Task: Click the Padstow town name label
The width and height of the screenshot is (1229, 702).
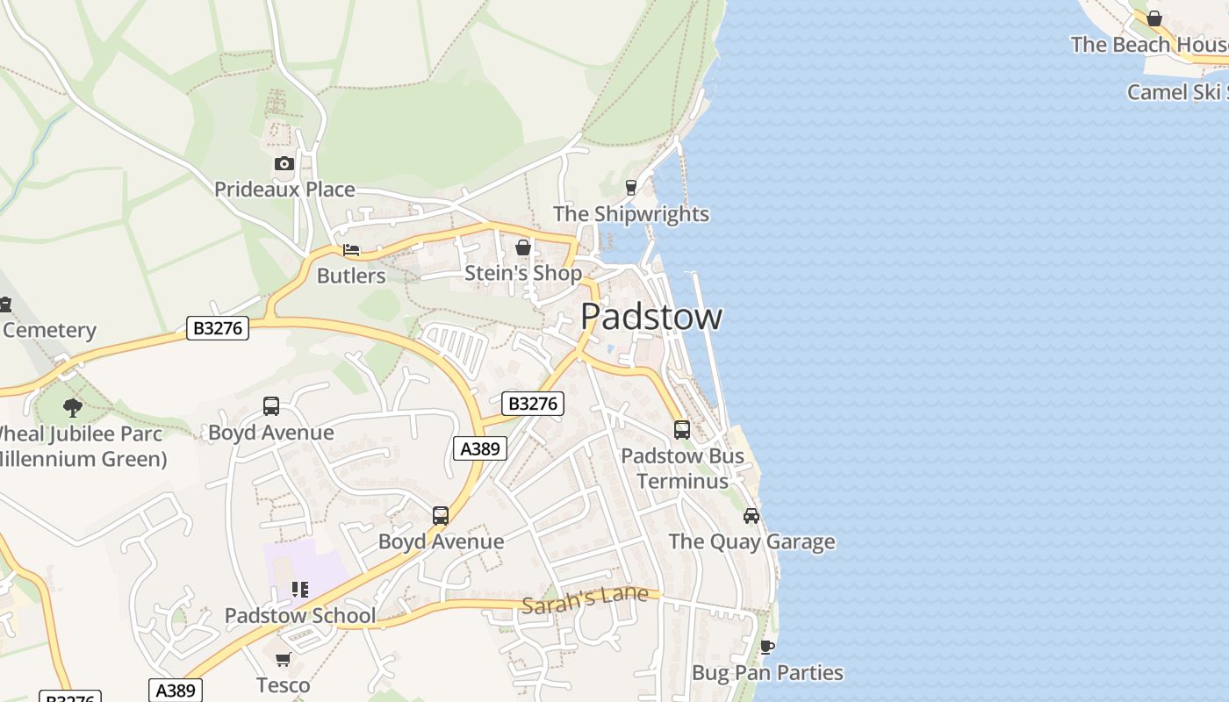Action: pos(651,317)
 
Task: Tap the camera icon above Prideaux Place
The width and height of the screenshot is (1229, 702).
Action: pos(284,164)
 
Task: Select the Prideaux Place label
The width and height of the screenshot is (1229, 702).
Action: pos(284,190)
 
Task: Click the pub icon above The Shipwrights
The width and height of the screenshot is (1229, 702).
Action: pos(630,187)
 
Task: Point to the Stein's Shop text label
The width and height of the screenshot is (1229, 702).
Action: pos(522,274)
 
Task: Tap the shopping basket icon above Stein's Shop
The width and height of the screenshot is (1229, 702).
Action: pos(523,248)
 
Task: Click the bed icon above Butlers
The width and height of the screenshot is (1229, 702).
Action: pos(351,250)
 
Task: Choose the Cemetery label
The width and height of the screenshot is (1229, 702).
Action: pos(49,331)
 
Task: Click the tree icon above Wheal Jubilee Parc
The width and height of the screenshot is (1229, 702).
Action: pos(73,407)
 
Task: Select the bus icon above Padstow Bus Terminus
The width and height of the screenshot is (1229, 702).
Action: pos(682,430)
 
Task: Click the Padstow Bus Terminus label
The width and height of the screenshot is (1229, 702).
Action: pos(682,469)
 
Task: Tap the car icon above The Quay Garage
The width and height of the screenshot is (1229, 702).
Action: pos(751,516)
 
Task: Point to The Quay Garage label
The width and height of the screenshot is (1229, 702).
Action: pos(751,541)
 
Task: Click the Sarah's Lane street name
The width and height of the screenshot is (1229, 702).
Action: pos(585,598)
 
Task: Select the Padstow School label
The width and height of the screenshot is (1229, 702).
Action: pos(300,616)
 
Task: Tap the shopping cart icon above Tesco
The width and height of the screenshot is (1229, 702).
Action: pos(283,659)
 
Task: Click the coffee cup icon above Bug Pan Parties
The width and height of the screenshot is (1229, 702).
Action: pos(767,648)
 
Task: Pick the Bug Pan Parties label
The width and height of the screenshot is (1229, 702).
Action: pos(767,673)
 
